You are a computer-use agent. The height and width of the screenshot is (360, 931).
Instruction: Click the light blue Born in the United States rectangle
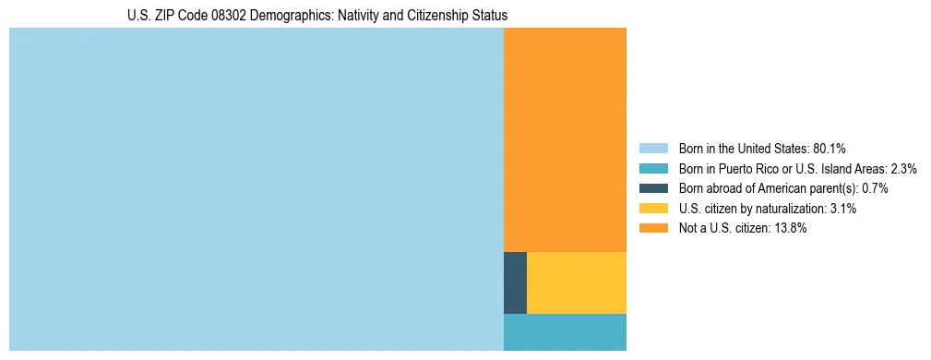tap(257, 189)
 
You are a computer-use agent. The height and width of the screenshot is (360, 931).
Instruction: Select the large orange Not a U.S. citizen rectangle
tap(565, 139)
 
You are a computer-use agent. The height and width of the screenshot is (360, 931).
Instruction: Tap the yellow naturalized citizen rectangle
tap(577, 282)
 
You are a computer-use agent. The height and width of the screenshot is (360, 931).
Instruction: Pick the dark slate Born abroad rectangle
tap(515, 282)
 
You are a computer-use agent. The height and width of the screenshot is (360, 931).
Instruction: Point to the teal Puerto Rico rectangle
tap(565, 332)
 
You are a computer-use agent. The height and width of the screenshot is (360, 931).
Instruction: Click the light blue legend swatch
tap(653, 149)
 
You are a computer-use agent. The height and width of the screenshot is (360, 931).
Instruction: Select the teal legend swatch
tap(653, 169)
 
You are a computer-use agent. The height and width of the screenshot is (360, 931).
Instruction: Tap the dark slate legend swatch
tap(653, 188)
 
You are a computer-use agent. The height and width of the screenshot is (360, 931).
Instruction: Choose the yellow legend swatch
tap(653, 209)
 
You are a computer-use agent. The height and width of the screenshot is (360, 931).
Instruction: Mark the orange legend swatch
tap(653, 229)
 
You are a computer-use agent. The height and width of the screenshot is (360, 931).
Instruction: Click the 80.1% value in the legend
tap(830, 149)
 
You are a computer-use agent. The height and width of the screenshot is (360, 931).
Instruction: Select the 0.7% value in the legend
tap(876, 188)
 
